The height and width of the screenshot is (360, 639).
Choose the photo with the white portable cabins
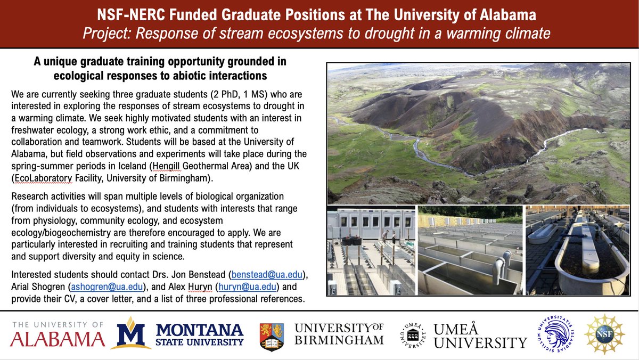pyautogui.click(x=371, y=250)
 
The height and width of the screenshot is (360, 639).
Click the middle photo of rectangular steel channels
pyautogui.click(x=470, y=250)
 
